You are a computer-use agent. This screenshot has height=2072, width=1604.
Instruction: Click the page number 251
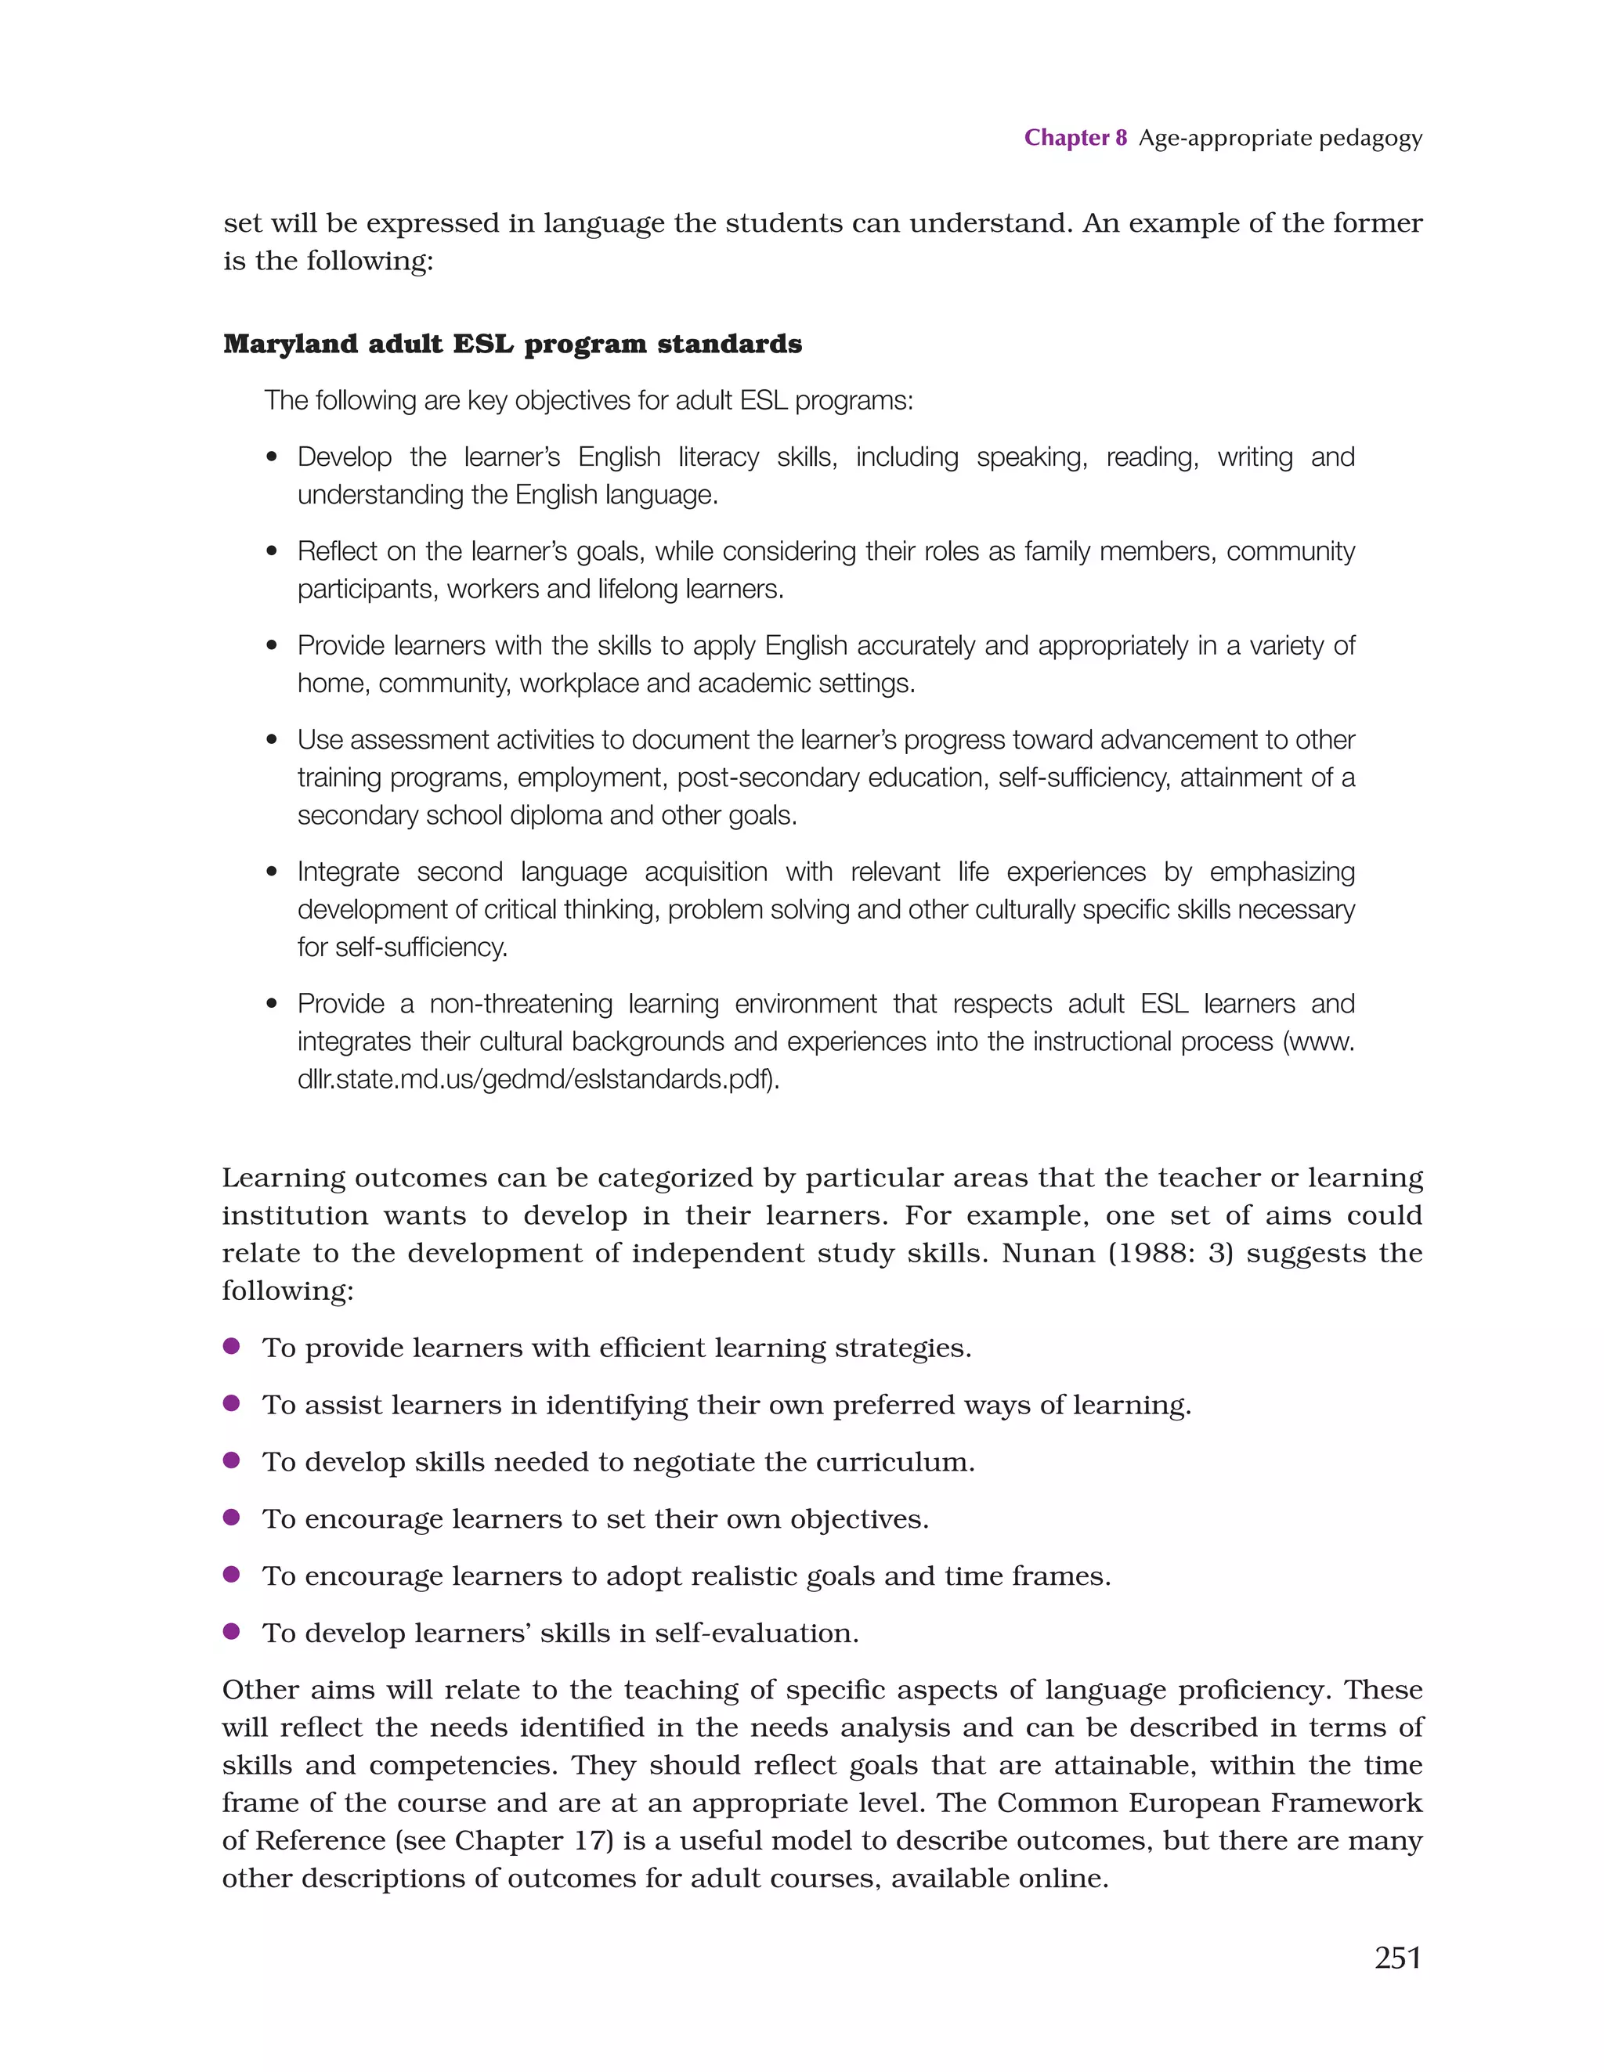(x=1397, y=1957)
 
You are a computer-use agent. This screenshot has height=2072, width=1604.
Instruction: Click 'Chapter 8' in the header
(x=1075, y=138)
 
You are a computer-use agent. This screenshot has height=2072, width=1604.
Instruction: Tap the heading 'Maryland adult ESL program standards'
(x=511, y=344)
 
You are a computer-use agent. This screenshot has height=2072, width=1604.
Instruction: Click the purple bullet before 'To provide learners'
(x=230, y=1346)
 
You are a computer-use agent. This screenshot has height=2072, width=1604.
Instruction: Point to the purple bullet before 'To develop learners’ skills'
(x=230, y=1632)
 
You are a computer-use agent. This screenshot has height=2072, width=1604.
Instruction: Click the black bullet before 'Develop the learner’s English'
(x=273, y=457)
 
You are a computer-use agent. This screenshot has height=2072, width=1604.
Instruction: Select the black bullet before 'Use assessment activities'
(x=273, y=740)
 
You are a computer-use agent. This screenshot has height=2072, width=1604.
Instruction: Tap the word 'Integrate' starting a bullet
(x=349, y=872)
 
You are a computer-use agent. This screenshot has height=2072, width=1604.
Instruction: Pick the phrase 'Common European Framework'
(x=1209, y=1803)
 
